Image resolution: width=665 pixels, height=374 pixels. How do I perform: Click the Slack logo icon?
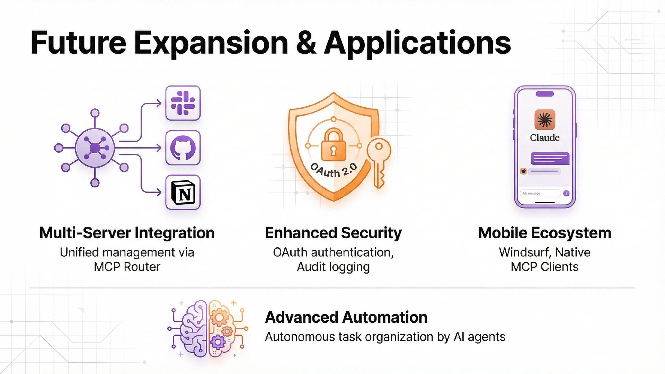pyautogui.click(x=183, y=103)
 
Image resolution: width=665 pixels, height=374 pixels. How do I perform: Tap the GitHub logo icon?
pyautogui.click(x=183, y=148)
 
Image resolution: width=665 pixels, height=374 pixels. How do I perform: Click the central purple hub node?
pyautogui.click(x=95, y=148)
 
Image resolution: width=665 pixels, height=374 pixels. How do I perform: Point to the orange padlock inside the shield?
pyautogui.click(x=333, y=145)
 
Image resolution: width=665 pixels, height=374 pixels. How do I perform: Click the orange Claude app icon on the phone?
pyautogui.click(x=544, y=120)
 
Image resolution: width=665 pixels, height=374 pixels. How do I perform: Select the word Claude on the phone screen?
pyautogui.click(x=544, y=138)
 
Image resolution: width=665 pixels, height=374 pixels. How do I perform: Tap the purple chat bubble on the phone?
pyautogui.click(x=550, y=159)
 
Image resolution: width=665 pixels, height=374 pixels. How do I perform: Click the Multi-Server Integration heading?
pyautogui.click(x=127, y=233)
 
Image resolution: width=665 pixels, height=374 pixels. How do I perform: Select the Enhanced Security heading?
pyautogui.click(x=333, y=233)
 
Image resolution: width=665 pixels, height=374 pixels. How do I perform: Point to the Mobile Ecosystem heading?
pyautogui.click(x=544, y=233)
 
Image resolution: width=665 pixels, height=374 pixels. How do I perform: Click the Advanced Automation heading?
pyautogui.click(x=346, y=317)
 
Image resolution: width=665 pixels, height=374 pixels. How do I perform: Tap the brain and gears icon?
pyautogui.click(x=208, y=328)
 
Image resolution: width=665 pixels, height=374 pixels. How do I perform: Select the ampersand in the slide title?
pyautogui.click(x=306, y=43)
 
